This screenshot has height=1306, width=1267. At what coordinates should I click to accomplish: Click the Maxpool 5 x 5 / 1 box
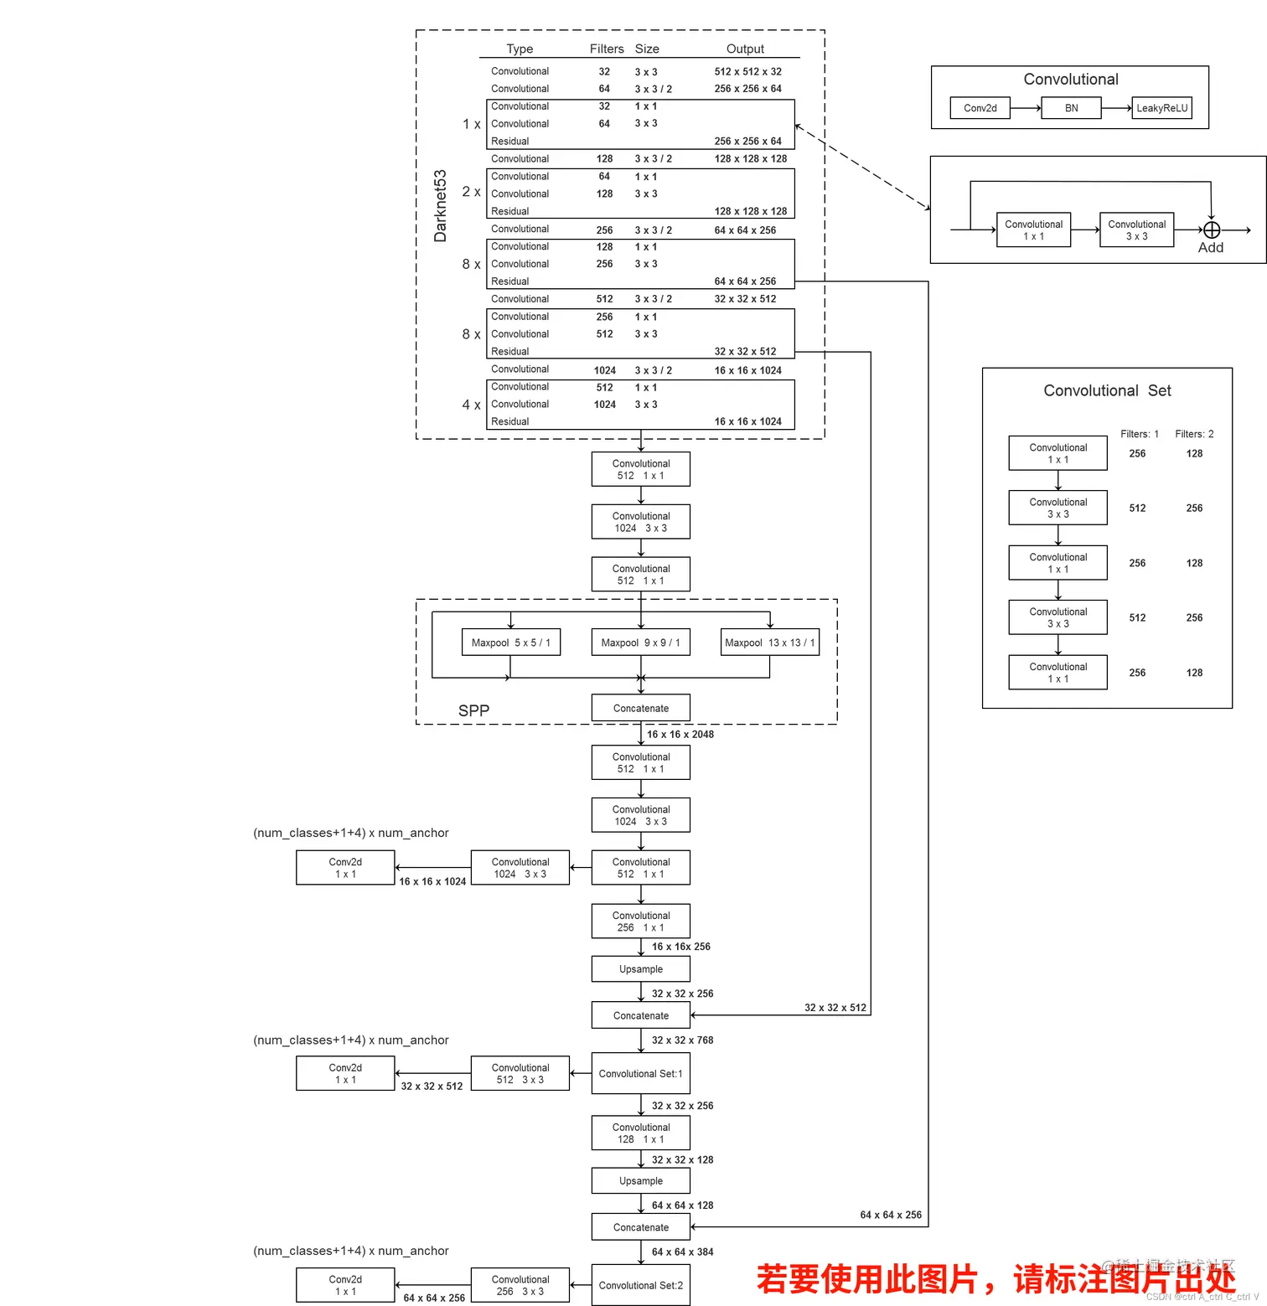[x=510, y=643]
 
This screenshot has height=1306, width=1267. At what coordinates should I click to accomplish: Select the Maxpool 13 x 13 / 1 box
[x=769, y=643]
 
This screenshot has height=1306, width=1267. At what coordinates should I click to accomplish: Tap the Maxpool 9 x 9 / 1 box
[x=640, y=643]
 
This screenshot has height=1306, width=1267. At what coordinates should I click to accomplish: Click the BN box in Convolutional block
[x=1071, y=108]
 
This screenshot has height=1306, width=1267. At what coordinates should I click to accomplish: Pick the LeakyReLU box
[x=1161, y=108]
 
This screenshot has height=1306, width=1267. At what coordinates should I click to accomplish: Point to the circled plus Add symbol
[x=1211, y=230]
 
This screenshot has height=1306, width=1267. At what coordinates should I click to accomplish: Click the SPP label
[x=473, y=710]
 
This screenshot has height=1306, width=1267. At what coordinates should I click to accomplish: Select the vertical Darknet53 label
[x=440, y=206]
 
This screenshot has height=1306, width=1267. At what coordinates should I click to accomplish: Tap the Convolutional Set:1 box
[x=640, y=1073]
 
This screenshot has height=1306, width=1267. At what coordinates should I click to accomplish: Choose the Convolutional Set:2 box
[x=640, y=1285]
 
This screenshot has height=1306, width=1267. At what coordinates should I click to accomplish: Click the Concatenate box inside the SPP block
[x=640, y=708]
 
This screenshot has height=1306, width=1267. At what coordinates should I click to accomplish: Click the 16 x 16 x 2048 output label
[x=680, y=735]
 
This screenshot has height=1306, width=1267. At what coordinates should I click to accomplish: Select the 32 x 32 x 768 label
[x=682, y=1040]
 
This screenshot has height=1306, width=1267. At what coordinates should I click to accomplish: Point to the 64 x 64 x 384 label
[x=682, y=1252]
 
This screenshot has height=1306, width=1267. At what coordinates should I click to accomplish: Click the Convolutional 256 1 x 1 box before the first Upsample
[x=640, y=921]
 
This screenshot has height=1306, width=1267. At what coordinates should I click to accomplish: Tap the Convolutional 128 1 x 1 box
[x=640, y=1133]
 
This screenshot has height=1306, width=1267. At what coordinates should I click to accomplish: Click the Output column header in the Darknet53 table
[x=745, y=49]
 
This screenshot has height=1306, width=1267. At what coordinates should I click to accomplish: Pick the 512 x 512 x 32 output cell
[x=747, y=72]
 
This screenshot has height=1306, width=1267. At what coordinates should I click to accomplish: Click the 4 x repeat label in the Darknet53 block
[x=471, y=405]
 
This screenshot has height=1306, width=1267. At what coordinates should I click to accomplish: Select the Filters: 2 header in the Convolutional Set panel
[x=1194, y=434]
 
